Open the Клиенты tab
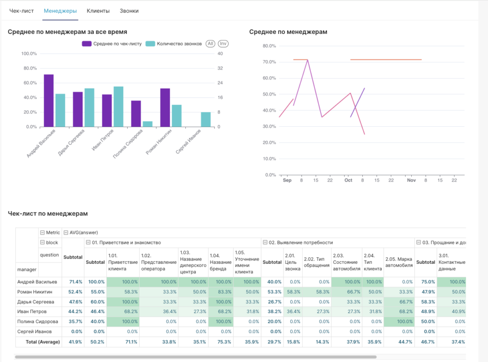pos(98,10)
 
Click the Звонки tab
pos(129,10)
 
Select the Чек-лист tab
pos(22,10)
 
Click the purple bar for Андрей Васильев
pos(49,101)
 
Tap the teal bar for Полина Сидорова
pos(148,124)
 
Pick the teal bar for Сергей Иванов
pos(205,120)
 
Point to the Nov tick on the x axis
pos(411,181)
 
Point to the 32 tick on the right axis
pos(221,68)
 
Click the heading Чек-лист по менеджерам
pos(48,214)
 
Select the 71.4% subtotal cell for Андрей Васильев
pos(73,282)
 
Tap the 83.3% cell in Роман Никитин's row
pos(220,292)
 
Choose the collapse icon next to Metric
pos(43,232)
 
